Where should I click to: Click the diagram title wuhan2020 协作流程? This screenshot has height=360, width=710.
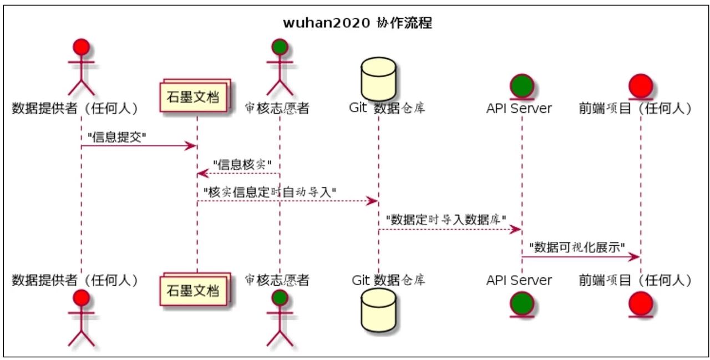click(357, 23)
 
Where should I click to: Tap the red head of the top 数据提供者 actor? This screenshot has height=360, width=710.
click(82, 48)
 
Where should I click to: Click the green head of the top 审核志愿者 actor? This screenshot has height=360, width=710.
click(280, 48)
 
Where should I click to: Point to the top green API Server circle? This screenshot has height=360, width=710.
click(522, 85)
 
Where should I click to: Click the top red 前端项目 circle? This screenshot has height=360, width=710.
click(641, 85)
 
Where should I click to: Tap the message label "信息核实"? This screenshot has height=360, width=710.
click(242, 164)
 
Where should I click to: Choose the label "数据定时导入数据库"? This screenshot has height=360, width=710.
click(446, 220)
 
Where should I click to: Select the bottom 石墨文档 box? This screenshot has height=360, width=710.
click(194, 289)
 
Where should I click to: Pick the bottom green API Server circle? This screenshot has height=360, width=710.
click(522, 303)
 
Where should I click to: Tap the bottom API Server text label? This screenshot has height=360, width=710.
click(519, 280)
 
